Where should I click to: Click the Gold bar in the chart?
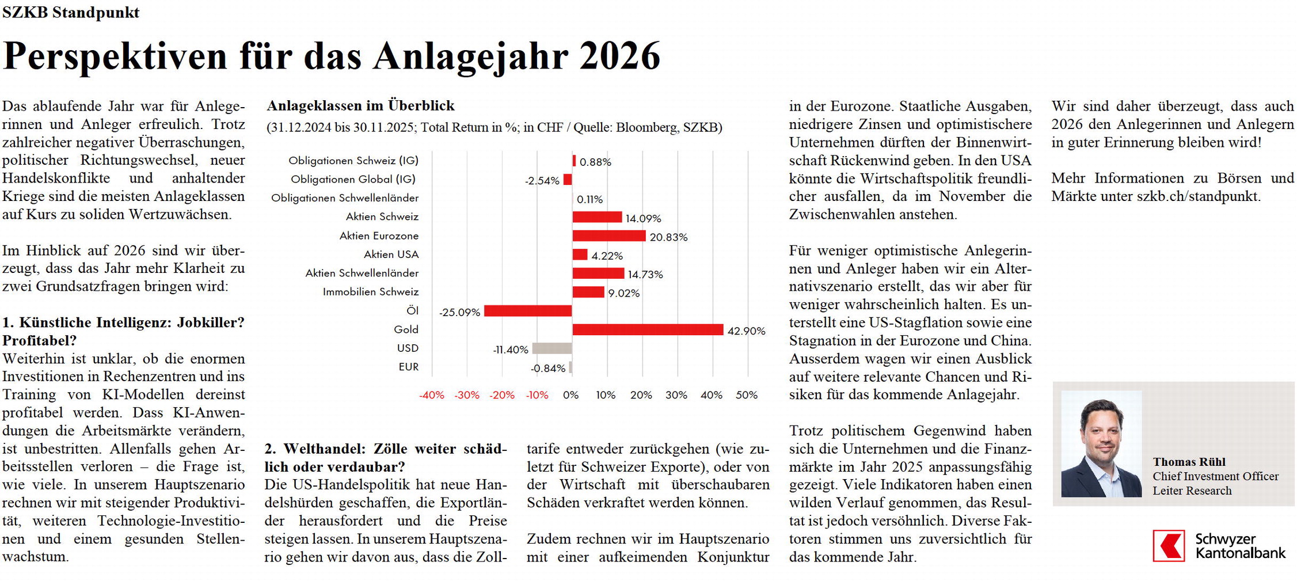click(x=648, y=329)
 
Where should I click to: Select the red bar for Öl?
click(x=528, y=311)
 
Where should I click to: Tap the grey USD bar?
click(x=552, y=348)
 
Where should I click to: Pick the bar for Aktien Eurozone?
click(x=609, y=236)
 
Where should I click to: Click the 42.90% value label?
click(x=747, y=331)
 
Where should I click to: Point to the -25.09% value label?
click(x=459, y=313)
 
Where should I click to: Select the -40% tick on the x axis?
click(x=431, y=395)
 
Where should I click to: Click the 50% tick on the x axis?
click(x=747, y=395)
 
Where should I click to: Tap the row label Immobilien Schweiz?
click(x=370, y=292)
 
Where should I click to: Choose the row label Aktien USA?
click(x=391, y=255)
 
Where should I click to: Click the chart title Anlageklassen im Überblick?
click(x=360, y=105)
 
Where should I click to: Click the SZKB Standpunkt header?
click(x=71, y=12)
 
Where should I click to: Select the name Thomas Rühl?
click(x=1189, y=462)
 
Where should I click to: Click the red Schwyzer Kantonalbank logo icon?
click(x=1169, y=545)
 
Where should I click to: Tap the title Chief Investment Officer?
click(x=1215, y=476)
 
